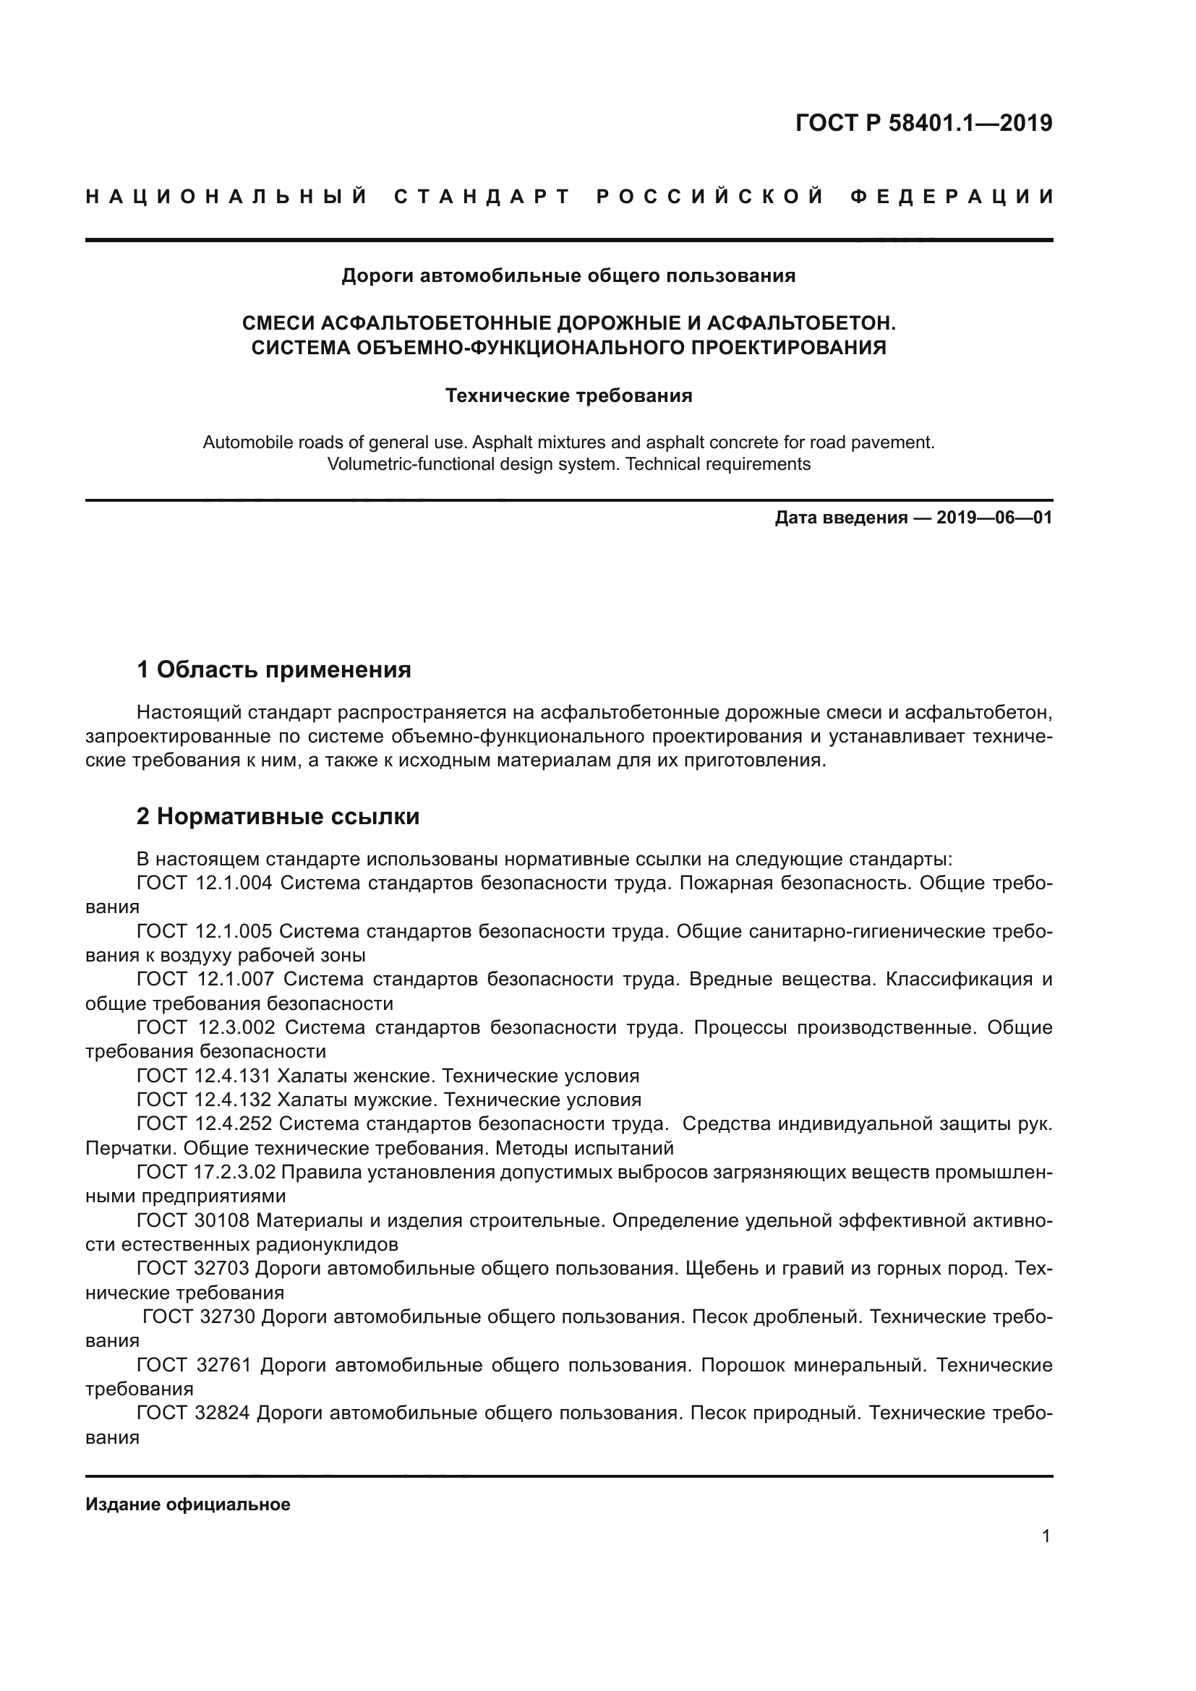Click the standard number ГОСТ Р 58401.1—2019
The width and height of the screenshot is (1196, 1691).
pyautogui.click(x=923, y=123)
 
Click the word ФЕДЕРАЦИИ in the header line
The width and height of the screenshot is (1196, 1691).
pyautogui.click(x=952, y=197)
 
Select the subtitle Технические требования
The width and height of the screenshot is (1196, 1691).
pyautogui.click(x=568, y=396)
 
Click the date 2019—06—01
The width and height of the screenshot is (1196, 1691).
pyautogui.click(x=994, y=518)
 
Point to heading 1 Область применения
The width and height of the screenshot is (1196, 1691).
pyautogui.click(x=274, y=669)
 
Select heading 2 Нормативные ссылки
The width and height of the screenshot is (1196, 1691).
pyautogui.click(x=278, y=817)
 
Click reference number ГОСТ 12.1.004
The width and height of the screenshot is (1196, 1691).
pyautogui.click(x=205, y=883)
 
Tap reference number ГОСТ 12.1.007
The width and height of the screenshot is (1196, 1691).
pyautogui.click(x=205, y=980)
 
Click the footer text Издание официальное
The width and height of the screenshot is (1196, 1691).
pyautogui.click(x=188, y=1504)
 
